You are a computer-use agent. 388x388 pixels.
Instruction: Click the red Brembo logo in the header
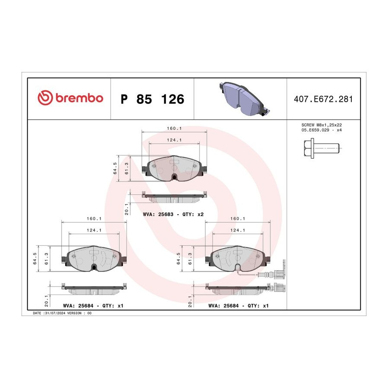tap(70, 97)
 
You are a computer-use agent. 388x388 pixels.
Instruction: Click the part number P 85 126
tap(153, 99)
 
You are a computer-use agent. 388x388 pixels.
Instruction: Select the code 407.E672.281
tap(323, 99)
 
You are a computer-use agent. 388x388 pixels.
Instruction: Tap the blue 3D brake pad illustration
tap(244, 98)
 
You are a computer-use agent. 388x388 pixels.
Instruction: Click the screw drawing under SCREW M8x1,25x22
tap(322, 148)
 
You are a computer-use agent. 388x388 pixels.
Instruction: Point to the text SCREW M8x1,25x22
tap(322, 125)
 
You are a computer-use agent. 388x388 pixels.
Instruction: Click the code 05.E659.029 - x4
tap(322, 130)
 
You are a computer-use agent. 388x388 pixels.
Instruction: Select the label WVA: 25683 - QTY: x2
tap(173, 214)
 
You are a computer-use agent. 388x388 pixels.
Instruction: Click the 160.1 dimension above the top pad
tap(174, 128)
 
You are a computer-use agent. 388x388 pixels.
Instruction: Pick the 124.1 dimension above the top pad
tap(174, 140)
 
